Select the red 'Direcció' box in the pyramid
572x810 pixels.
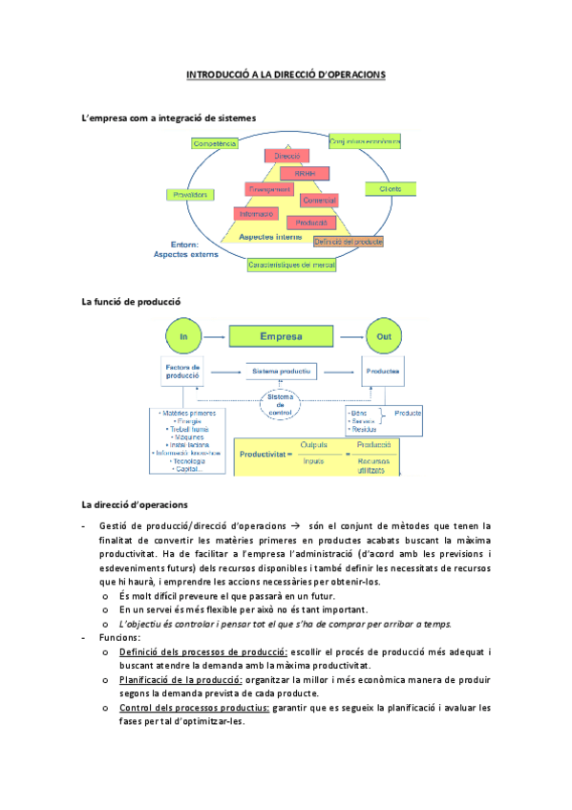[286, 156]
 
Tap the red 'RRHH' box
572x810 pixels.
[305, 173]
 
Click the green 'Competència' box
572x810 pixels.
[215, 143]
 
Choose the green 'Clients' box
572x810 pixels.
[390, 189]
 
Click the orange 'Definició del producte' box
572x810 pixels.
[349, 242]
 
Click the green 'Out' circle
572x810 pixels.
[382, 336]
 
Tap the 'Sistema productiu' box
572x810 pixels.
[280, 371]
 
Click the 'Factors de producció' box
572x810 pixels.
[181, 373]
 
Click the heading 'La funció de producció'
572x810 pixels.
[131, 302]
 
